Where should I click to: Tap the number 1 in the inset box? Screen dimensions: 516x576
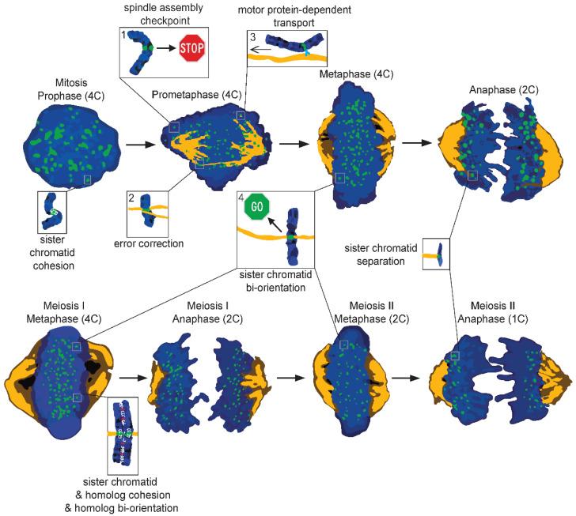(x=124, y=34)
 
